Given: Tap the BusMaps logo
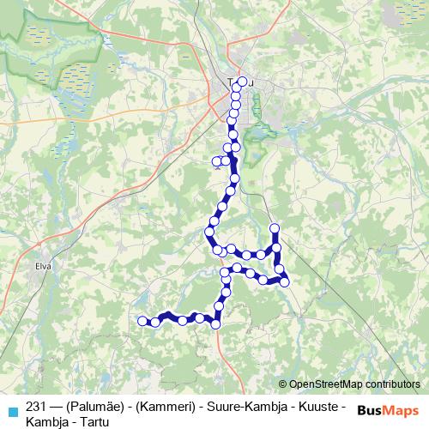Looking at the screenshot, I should click(388, 411).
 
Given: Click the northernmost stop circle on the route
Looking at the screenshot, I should click(242, 82).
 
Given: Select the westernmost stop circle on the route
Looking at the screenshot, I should click(143, 321).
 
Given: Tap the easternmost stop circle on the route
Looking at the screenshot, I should click(285, 281).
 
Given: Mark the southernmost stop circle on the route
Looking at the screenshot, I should click(215, 324).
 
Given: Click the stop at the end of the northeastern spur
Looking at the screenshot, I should click(275, 228).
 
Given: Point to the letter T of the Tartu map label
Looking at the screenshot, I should click(230, 83).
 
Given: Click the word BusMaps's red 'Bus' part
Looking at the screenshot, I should click(371, 411).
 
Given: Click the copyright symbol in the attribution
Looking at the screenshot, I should click(282, 385).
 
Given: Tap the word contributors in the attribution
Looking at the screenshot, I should click(392, 385).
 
